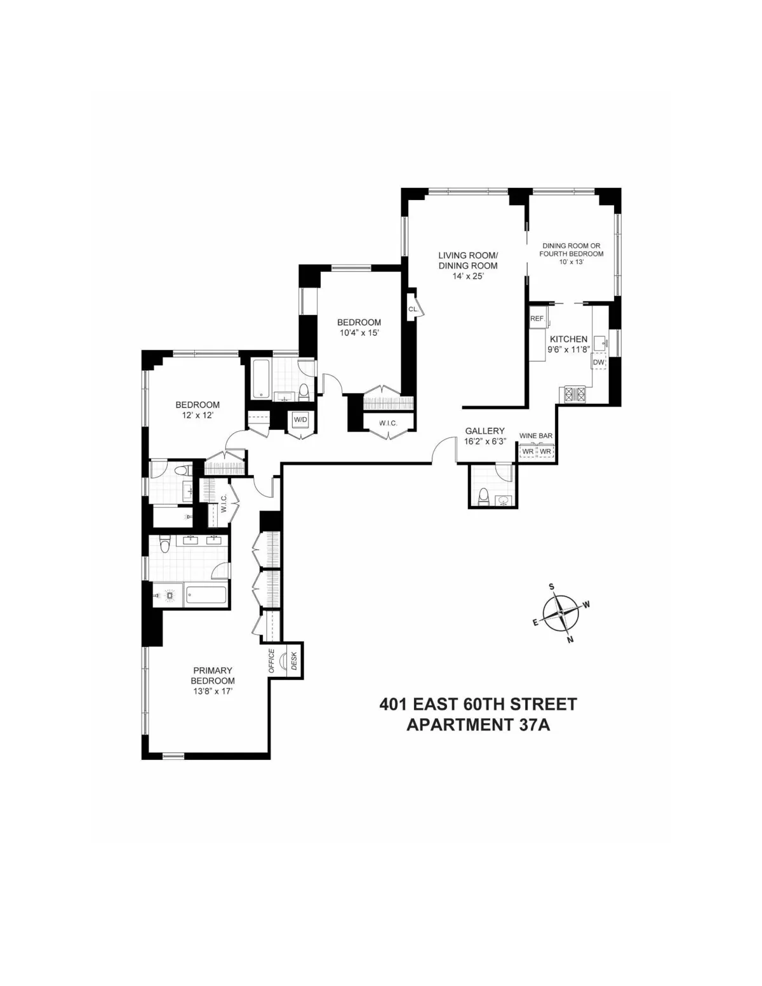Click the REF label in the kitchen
tap(537, 319)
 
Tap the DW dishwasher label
tap(599, 363)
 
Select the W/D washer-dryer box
tap(299, 420)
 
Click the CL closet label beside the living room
tap(413, 309)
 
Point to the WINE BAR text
tap(536, 436)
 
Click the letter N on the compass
tap(570, 639)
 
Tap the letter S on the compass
tap(552, 587)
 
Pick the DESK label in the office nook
tap(294, 662)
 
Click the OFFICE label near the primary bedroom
tap(271, 661)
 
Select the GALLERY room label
tap(485, 430)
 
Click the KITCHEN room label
tap(568, 339)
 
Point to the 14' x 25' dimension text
tap(467, 276)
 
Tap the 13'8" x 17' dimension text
tap(213, 691)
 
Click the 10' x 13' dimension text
tap(571, 262)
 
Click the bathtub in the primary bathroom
tap(206, 596)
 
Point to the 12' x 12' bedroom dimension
tap(197, 415)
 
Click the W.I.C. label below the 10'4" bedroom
tap(388, 422)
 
